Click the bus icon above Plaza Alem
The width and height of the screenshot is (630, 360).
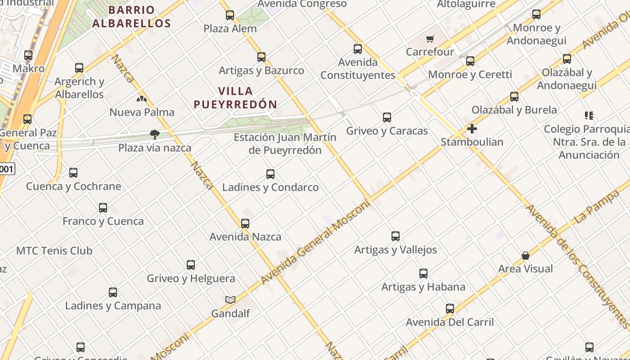pyautogui.click(x=230, y=15)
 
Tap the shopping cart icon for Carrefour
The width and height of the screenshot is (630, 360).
pyautogui.click(x=430, y=39)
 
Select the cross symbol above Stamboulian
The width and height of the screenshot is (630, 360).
pyautogui.click(x=472, y=129)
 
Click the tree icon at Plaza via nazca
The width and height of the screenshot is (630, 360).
pyautogui.click(x=154, y=134)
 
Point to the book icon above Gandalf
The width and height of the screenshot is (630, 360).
pyautogui.click(x=230, y=300)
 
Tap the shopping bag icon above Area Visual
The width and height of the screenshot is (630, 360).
pyautogui.click(x=525, y=256)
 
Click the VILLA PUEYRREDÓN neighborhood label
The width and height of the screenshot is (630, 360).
pyautogui.click(x=235, y=98)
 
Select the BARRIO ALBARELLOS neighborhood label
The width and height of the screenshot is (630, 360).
pyautogui.click(x=131, y=17)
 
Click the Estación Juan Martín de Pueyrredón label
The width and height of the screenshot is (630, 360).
pyautogui.click(x=285, y=144)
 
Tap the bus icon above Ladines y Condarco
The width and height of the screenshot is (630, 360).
pyautogui.click(x=270, y=174)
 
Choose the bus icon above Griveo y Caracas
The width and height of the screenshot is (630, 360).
pyautogui.click(x=387, y=117)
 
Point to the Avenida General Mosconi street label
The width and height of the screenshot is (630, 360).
pyautogui.click(x=315, y=242)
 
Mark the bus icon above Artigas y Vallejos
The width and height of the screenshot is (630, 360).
pyautogui.click(x=396, y=236)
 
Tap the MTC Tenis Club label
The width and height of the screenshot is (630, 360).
pyautogui.click(x=54, y=251)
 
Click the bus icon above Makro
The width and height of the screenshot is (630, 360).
pyautogui.click(x=28, y=55)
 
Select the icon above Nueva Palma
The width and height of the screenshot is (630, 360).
pyautogui.click(x=142, y=99)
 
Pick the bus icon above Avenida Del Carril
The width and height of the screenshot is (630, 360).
pyautogui.click(x=450, y=309)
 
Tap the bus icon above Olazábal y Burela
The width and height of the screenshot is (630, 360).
pyautogui.click(x=514, y=96)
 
